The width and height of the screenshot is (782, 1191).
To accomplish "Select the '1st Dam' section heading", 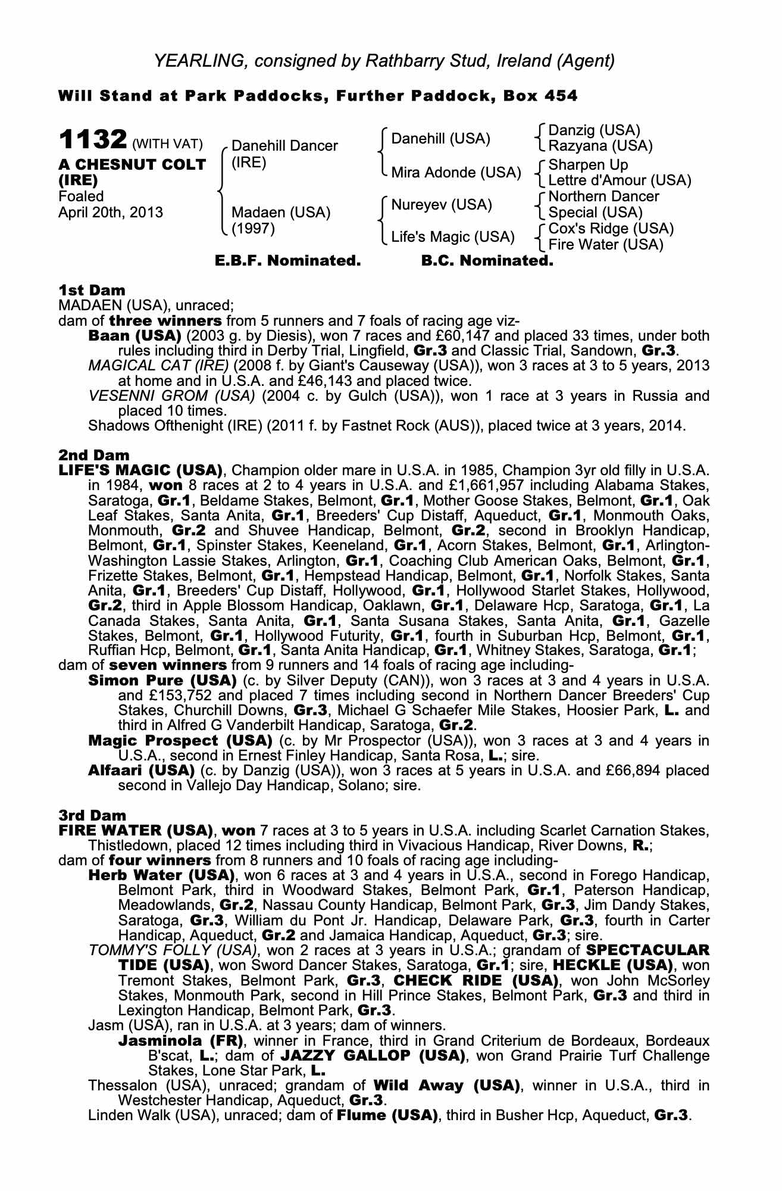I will point(92,290).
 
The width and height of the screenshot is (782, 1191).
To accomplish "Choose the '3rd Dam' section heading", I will point(92,815).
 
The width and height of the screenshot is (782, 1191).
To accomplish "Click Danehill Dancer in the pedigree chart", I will point(284,146).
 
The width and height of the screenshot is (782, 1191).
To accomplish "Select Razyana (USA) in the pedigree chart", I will point(600,146).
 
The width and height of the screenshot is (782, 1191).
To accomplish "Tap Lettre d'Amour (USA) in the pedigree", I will point(620,180).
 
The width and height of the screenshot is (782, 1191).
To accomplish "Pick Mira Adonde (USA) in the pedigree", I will point(456,173).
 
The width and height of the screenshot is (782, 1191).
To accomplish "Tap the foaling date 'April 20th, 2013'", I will point(111,213).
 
